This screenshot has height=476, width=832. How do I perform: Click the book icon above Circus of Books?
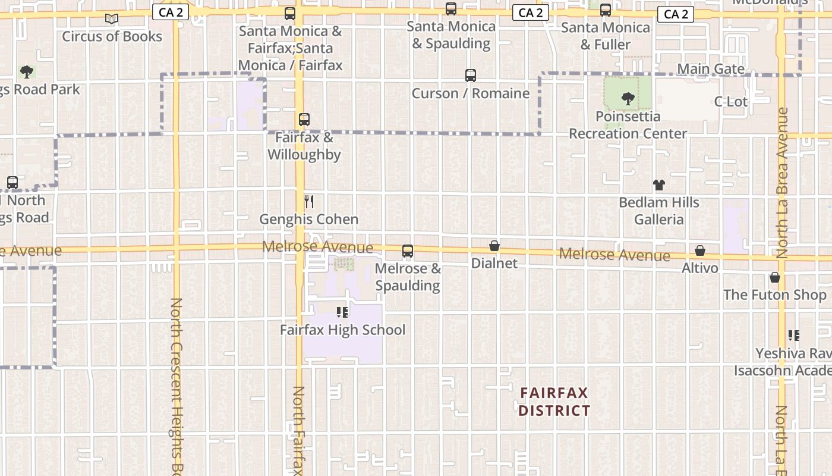(112, 18)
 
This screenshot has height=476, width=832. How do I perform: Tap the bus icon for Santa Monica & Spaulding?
(451, 9)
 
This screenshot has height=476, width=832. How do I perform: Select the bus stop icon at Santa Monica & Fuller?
(605, 10)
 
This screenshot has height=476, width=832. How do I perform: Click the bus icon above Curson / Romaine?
(471, 76)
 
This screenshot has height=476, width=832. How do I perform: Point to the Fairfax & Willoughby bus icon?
(304, 119)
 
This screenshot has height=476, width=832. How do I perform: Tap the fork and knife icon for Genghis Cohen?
(308, 202)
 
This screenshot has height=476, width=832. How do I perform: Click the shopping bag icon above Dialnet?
(494, 246)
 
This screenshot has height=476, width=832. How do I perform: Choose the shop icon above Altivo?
(700, 251)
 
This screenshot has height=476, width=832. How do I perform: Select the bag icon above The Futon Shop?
(774, 277)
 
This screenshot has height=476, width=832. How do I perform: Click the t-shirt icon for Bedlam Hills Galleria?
(658, 185)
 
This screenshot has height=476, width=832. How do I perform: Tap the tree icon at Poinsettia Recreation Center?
(628, 99)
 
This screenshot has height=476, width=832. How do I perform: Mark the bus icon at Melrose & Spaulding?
(408, 251)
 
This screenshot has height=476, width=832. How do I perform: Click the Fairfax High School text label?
(342, 330)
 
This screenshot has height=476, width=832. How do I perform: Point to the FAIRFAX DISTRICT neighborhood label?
(554, 402)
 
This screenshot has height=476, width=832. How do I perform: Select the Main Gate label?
(711, 69)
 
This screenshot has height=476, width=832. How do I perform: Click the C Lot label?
(730, 102)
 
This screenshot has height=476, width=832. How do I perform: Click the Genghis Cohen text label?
(308, 220)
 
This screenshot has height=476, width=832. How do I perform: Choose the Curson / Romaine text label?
(471, 93)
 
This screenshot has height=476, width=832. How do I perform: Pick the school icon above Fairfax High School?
(342, 312)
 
